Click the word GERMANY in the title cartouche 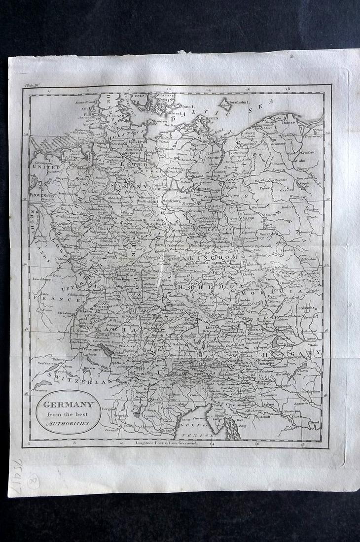pyautogui.click(x=68, y=405)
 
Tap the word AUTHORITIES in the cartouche pyautogui.click(x=69, y=423)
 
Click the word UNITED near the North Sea pyautogui.click(x=43, y=168)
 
